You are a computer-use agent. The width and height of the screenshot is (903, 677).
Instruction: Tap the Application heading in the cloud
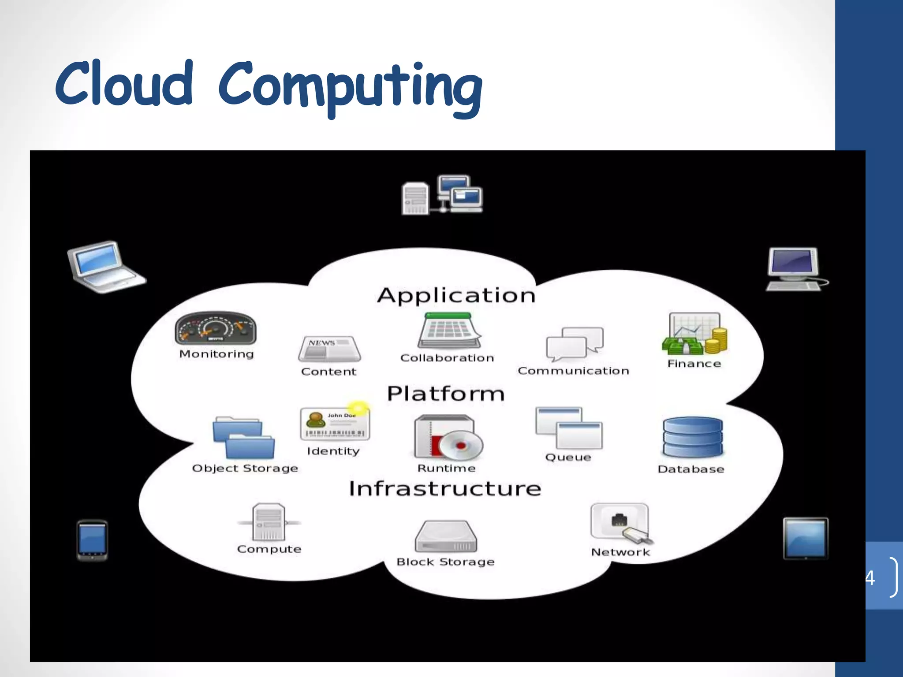[456, 295]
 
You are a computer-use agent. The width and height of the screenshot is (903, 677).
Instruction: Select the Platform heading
[445, 394]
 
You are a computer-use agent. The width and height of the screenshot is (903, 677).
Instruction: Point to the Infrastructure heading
[445, 489]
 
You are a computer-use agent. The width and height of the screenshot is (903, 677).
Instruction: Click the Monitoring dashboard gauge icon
[216, 329]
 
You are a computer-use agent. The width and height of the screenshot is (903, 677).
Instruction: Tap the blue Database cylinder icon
[693, 438]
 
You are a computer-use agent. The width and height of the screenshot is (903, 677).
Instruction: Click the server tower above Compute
[269, 522]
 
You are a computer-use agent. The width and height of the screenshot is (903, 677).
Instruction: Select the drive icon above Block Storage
[446, 536]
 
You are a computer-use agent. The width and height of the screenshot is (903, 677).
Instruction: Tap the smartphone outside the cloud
[92, 540]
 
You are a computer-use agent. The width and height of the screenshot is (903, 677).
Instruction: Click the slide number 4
[870, 577]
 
